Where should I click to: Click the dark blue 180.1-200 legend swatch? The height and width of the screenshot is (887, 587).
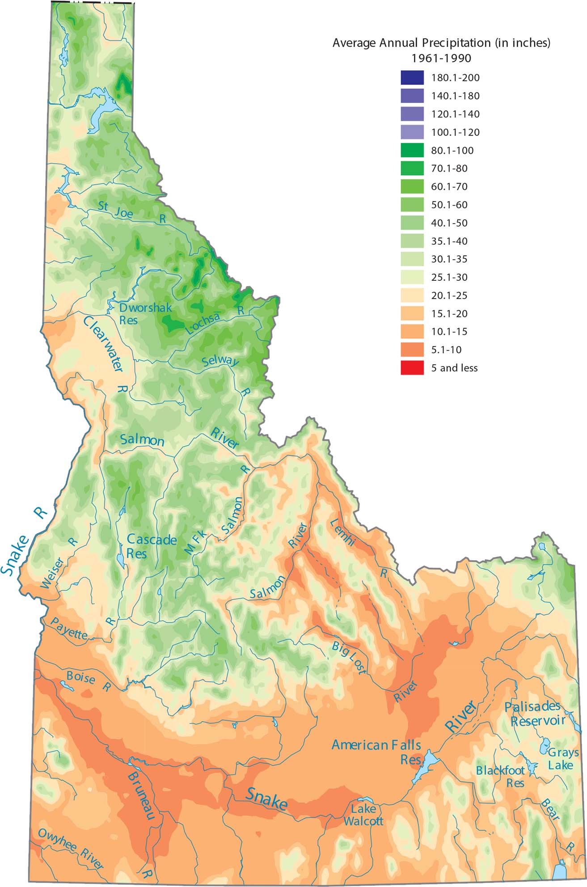412,77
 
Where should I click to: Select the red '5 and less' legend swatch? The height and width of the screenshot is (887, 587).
412,368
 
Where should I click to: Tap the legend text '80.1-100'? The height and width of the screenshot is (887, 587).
452,151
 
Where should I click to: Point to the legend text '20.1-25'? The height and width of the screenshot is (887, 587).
449,296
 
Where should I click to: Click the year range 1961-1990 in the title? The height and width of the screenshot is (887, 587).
441,58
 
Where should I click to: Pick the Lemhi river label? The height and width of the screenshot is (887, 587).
343,532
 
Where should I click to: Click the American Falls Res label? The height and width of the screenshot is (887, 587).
376,751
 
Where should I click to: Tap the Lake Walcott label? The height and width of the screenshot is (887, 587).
363,815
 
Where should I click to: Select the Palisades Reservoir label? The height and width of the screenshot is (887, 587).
535,714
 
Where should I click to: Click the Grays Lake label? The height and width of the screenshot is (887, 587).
562,759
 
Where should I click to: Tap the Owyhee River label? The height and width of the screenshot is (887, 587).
71,849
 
